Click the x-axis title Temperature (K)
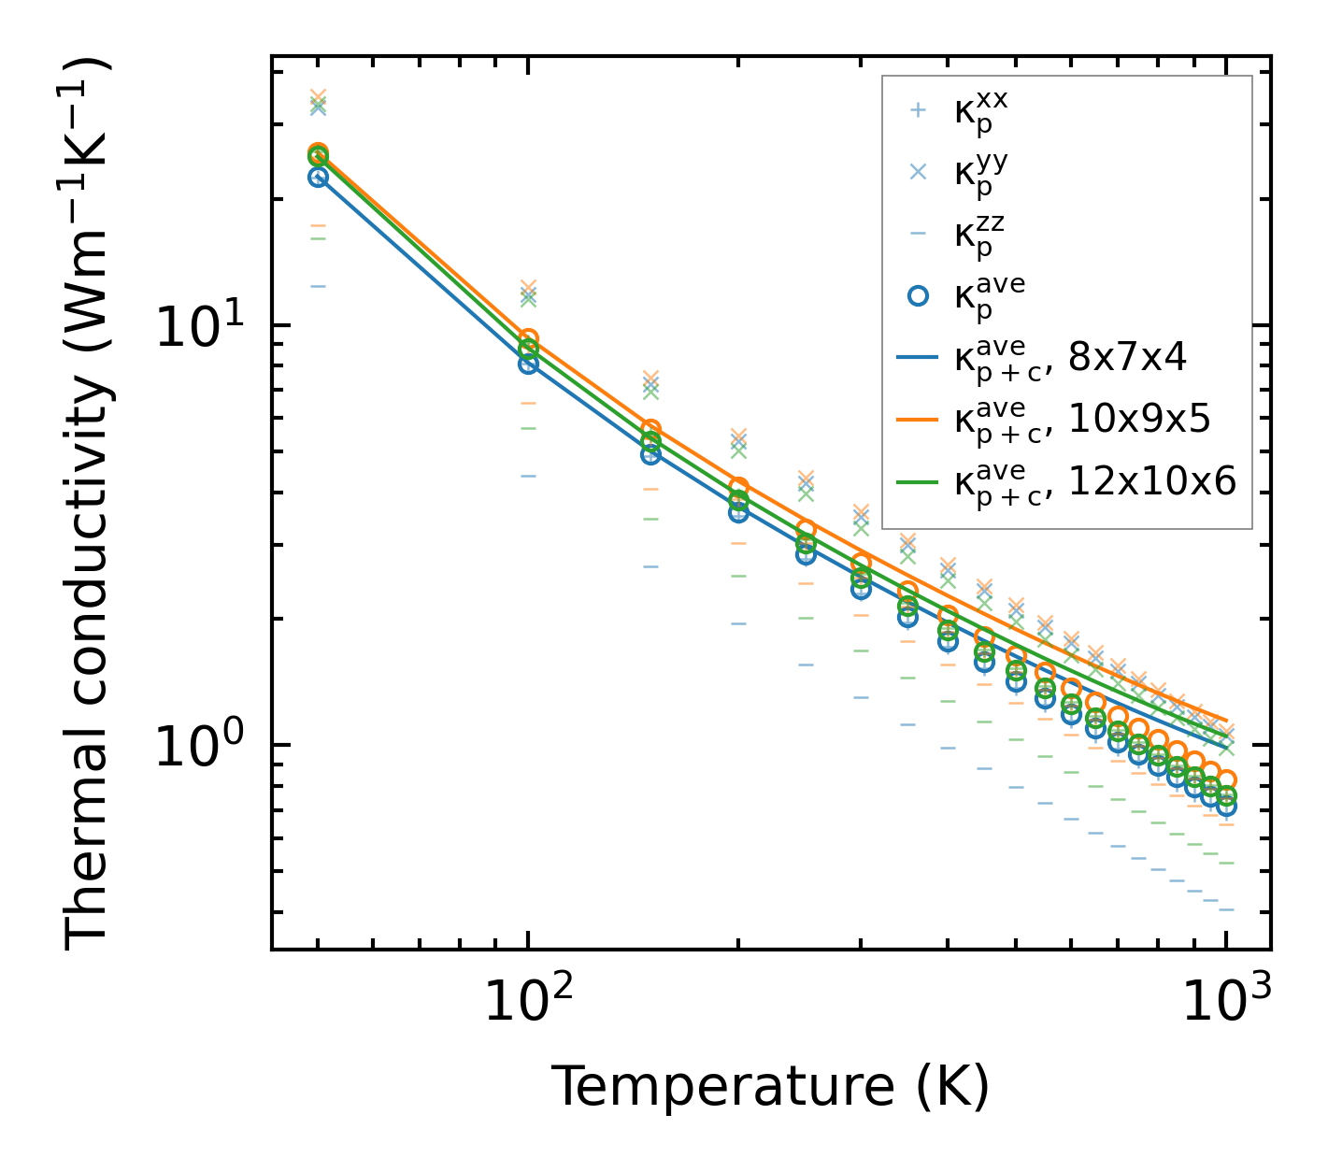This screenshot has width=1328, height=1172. [x=770, y=1086]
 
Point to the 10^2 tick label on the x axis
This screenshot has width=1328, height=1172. [x=527, y=1003]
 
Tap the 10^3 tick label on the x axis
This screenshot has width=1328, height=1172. [x=1225, y=1003]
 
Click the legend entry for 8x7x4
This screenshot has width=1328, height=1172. [x=1070, y=357]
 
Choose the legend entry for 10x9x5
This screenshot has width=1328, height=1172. [x=1082, y=420]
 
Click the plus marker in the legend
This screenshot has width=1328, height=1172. [x=918, y=110]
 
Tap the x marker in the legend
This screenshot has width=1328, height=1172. [x=918, y=172]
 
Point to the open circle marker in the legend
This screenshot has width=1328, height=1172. [x=918, y=295]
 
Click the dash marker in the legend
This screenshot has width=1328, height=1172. [x=918, y=233]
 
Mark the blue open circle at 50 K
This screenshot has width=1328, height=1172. [x=318, y=178]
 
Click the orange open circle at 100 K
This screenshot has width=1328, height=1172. [x=528, y=338]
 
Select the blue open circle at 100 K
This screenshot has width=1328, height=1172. [x=528, y=364]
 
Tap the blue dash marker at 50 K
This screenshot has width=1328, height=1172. [x=318, y=286]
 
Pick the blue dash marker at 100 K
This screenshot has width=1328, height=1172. [x=528, y=476]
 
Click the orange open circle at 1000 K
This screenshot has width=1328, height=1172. [x=1226, y=779]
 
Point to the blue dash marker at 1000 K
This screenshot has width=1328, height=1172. [x=1226, y=909]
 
